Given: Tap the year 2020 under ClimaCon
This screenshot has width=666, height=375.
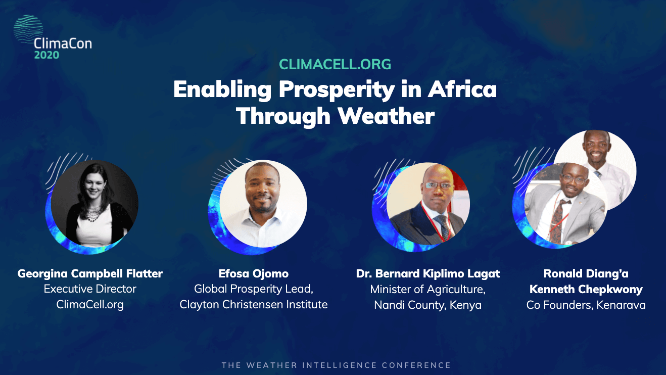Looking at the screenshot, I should coord(46,55).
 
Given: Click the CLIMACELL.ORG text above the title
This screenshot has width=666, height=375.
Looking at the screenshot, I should coord(335,65).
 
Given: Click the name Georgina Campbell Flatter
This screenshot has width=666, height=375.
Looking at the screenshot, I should coord(90,274).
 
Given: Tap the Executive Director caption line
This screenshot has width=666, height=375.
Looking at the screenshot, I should coord(90,289).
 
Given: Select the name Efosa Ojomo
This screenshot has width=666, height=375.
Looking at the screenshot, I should coord(254,274).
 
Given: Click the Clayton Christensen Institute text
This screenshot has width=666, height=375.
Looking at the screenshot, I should coord(254,304).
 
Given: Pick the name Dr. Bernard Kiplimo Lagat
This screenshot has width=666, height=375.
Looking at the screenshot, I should coord(427,274).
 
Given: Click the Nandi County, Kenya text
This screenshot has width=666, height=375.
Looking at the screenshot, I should coord(427,305).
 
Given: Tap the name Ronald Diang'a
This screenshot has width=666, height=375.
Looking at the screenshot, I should coord(586,274).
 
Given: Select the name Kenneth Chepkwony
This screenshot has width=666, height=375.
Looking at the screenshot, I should coord(586,290).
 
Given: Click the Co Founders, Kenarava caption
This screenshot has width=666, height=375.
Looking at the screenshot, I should coord(586,305).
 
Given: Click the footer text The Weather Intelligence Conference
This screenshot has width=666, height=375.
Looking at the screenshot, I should coord(336,365).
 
